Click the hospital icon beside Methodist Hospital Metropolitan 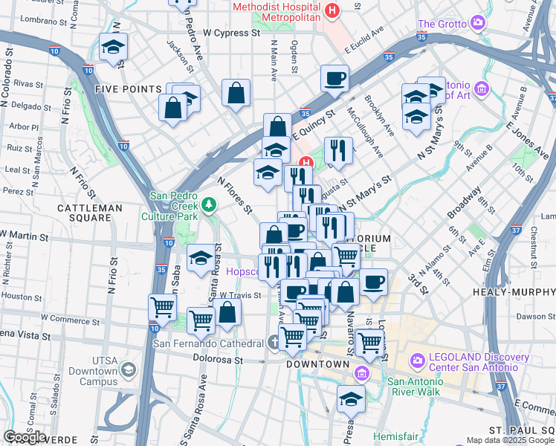(332, 11)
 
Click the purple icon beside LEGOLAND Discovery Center (416, 361)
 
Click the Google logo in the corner (25, 437)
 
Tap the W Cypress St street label (231, 33)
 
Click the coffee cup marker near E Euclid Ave (335, 77)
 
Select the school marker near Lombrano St (113, 46)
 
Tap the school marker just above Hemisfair (351, 398)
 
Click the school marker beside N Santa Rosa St (200, 258)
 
